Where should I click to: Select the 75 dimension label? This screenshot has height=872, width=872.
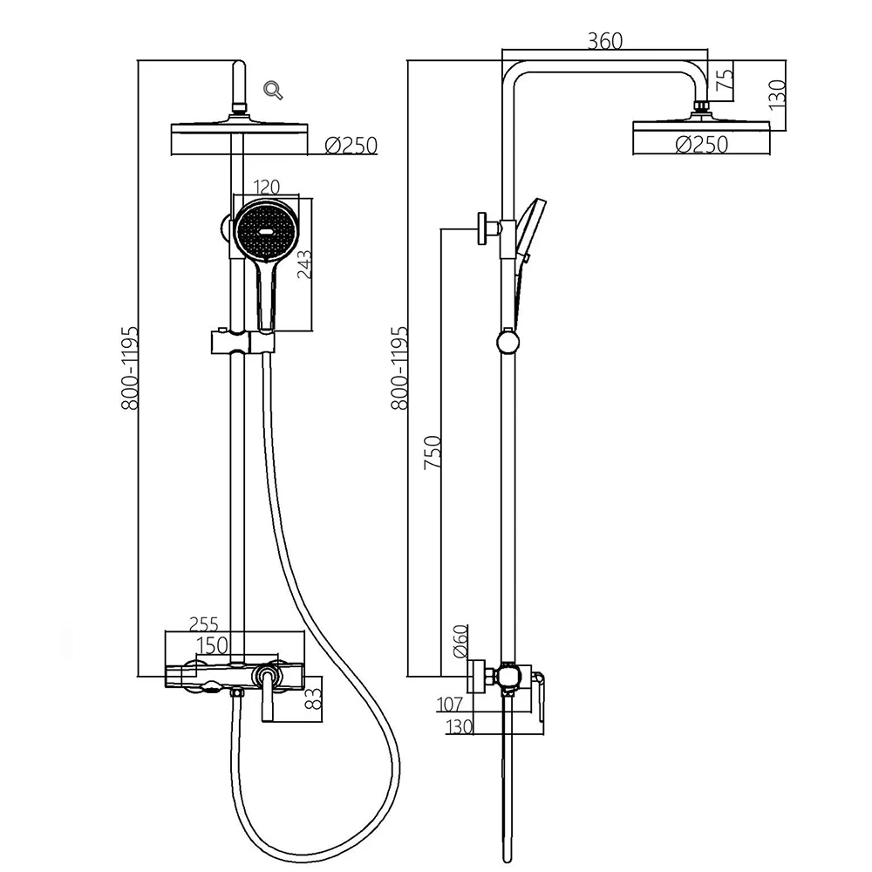point(723,80)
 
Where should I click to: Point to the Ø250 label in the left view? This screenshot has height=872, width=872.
point(351,146)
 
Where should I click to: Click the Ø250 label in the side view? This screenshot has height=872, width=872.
point(701,146)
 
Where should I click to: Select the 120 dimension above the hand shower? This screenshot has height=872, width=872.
point(264,186)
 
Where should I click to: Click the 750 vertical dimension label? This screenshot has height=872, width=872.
point(433,453)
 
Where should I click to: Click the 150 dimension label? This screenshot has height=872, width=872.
point(212,644)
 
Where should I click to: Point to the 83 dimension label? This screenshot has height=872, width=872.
point(315,698)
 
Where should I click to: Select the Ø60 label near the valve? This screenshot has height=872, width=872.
point(460,643)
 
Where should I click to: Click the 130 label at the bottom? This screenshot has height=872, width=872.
point(459,726)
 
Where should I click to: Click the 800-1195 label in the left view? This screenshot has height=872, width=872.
point(130,368)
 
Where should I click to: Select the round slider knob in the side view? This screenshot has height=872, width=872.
point(507,341)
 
